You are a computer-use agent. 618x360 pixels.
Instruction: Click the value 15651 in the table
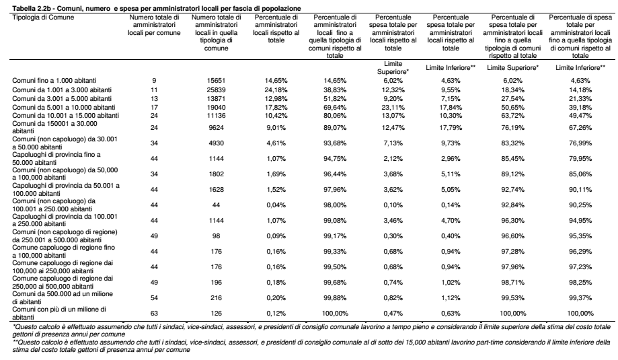click(x=216, y=81)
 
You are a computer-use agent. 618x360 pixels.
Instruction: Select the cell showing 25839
click(x=216, y=90)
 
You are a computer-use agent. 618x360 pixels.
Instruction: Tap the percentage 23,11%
click(x=393, y=107)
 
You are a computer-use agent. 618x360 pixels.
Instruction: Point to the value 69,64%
click(x=335, y=107)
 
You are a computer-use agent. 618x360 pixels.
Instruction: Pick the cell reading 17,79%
click(x=451, y=127)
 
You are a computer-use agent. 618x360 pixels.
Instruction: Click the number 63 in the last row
click(x=154, y=314)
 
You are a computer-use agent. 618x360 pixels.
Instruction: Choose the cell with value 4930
click(x=216, y=143)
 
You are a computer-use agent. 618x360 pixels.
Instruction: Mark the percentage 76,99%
click(x=580, y=143)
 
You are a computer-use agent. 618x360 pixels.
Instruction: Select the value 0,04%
click(x=276, y=205)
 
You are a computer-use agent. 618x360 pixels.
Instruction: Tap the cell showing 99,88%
click(x=335, y=297)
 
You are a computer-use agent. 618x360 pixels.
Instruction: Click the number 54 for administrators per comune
click(x=154, y=297)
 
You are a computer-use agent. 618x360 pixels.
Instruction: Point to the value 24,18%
click(x=276, y=90)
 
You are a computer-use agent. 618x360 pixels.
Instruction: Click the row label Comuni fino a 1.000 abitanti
click(x=54, y=81)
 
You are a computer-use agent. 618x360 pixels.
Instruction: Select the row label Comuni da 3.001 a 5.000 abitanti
click(x=62, y=98)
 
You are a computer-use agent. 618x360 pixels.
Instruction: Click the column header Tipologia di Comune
click(x=43, y=17)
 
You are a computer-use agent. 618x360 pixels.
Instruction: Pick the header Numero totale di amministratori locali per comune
click(x=154, y=25)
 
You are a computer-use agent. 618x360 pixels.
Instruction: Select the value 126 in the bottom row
click(x=216, y=314)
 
